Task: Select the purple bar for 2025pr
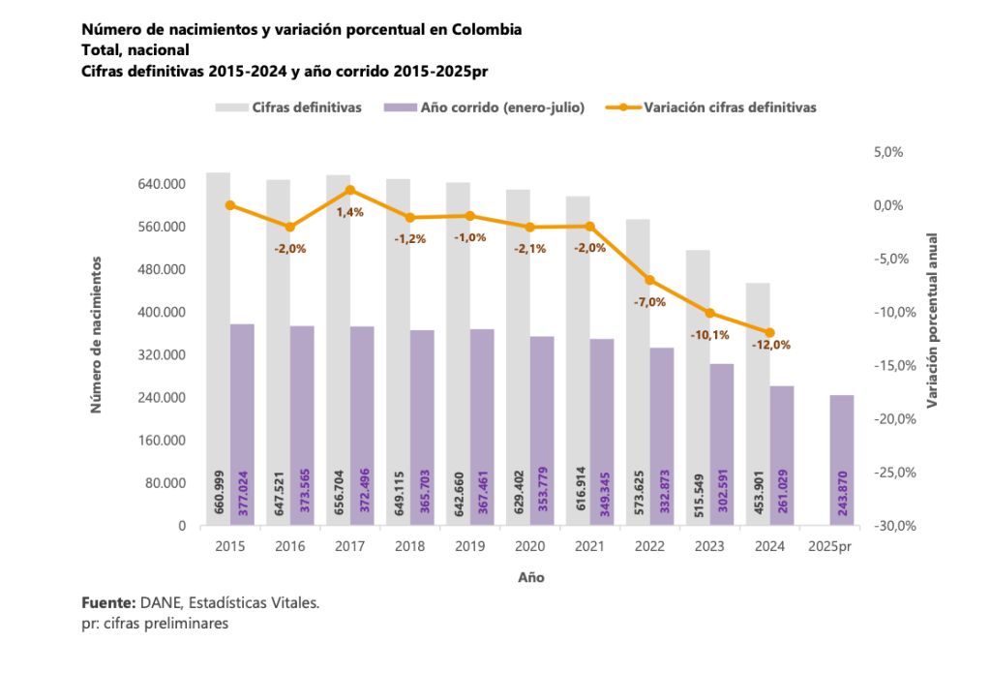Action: [842, 460]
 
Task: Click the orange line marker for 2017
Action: [350, 190]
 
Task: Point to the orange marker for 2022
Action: [649, 280]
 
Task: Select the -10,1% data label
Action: [709, 334]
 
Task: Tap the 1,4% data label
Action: [349, 211]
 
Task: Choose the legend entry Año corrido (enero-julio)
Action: [502, 107]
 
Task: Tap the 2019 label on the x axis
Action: [470, 547]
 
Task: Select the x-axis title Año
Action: [530, 577]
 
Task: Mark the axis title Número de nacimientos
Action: [97, 334]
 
